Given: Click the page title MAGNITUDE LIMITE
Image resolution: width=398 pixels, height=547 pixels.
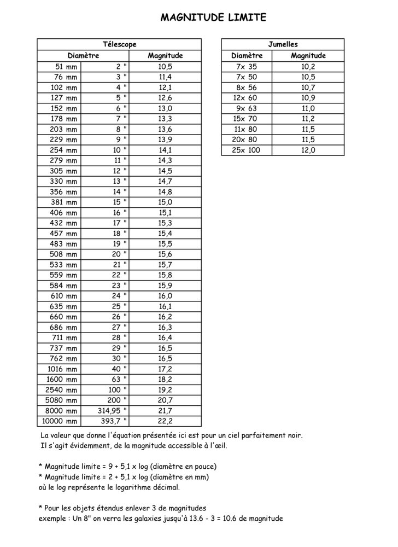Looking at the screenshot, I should pyautogui.click(x=214, y=18).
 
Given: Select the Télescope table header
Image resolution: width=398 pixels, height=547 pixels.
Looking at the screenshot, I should pyautogui.click(x=119, y=44).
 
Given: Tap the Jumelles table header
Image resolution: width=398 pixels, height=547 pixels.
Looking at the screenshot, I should pyautogui.click(x=283, y=44).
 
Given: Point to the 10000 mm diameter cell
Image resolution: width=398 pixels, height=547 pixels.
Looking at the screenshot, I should pyautogui.click(x=59, y=421).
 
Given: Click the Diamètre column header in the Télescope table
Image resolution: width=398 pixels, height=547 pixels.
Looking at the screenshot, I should pyautogui.click(x=83, y=55).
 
